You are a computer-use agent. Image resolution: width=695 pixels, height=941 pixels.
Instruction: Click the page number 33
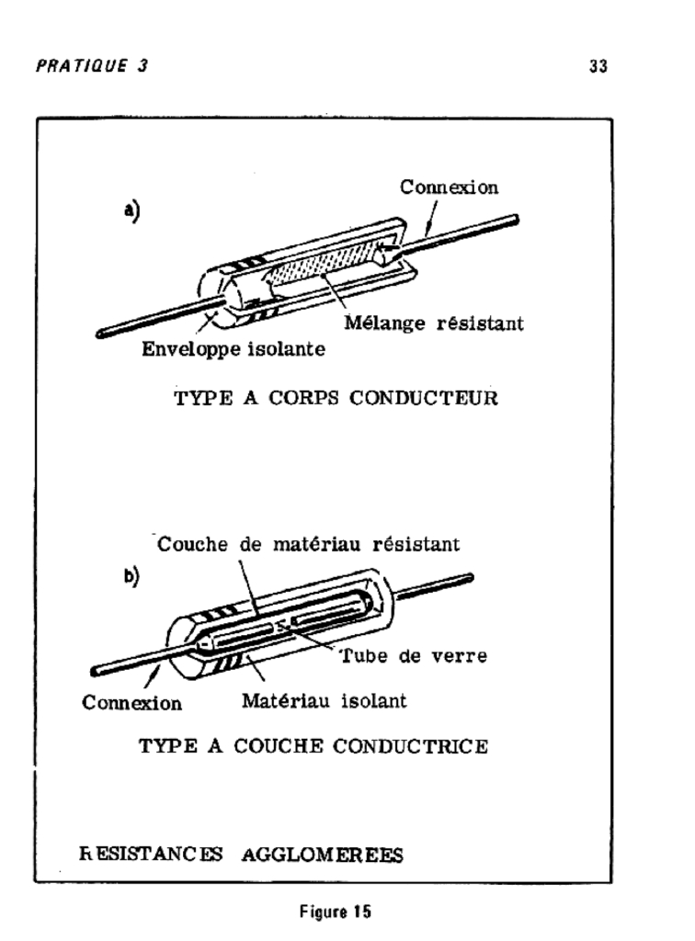coord(598,65)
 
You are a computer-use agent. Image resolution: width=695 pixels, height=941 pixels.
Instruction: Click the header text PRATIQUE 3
coord(92,65)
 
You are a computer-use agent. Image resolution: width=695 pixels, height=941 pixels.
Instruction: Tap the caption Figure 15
coord(336,912)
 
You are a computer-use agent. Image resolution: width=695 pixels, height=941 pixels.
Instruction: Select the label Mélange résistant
coord(433,323)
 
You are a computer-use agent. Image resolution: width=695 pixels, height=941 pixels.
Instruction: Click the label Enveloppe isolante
coord(234,349)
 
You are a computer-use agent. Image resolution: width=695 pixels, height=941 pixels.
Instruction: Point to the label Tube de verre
coord(414,655)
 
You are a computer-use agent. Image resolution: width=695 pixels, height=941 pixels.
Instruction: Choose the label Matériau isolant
coord(325,700)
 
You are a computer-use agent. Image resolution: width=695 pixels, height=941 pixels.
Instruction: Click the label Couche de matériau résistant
coord(308,544)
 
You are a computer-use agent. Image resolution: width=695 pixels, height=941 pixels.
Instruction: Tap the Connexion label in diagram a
coord(449,187)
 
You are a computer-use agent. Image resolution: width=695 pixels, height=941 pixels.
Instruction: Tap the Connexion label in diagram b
coord(131,703)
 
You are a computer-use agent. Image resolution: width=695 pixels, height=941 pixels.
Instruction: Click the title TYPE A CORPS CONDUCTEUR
coord(336,398)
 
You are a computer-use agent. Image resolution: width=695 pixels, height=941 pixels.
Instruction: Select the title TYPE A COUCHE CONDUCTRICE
coord(313,746)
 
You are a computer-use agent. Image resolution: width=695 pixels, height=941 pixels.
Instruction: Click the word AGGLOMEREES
coord(323,855)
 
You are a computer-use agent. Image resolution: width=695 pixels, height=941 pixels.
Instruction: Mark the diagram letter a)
coord(132,211)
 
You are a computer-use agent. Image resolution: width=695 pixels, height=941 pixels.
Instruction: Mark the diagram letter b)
coord(131,577)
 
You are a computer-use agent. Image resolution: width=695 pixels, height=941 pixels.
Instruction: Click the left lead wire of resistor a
coord(157,317)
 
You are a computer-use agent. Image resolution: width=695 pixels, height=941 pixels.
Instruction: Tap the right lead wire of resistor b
coord(433,587)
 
